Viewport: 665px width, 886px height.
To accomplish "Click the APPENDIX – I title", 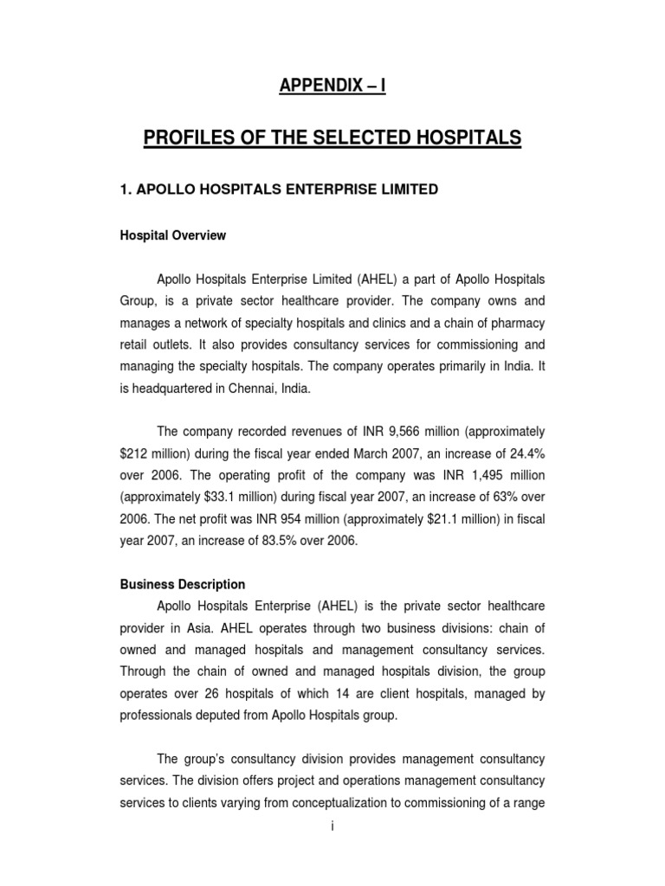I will [x=332, y=86].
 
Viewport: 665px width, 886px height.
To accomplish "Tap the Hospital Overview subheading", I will [x=173, y=235].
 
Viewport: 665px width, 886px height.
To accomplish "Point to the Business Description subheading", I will [x=183, y=584].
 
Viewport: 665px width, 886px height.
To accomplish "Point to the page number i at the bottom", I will [x=332, y=827].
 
